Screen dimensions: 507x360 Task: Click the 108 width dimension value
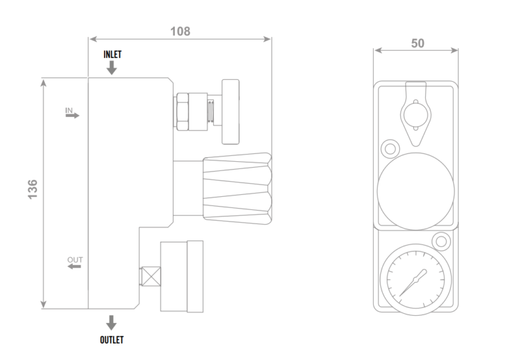[x=180, y=31]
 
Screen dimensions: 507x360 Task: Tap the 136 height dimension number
[x=32, y=190]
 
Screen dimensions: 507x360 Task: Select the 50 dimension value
[x=417, y=44]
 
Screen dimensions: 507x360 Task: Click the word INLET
[x=112, y=54]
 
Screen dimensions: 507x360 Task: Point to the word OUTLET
[x=112, y=340]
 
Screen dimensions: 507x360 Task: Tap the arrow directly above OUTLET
[x=112, y=323]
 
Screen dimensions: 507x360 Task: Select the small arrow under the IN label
[x=73, y=115]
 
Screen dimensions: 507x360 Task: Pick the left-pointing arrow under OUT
[x=75, y=266]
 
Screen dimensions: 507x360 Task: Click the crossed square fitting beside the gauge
[x=151, y=277]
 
